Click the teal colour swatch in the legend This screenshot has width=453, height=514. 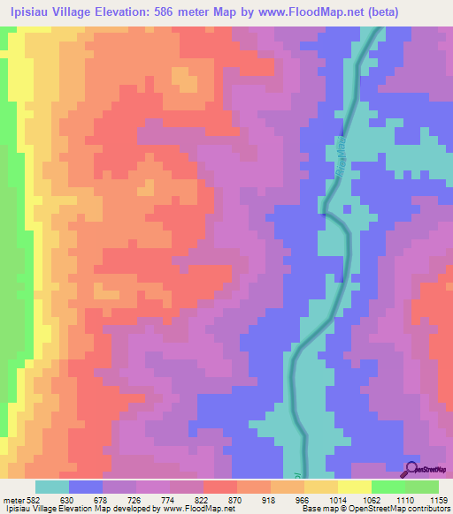coord(52,488)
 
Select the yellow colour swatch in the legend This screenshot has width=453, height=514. coord(355,488)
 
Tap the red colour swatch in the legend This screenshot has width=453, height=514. coord(220,488)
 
